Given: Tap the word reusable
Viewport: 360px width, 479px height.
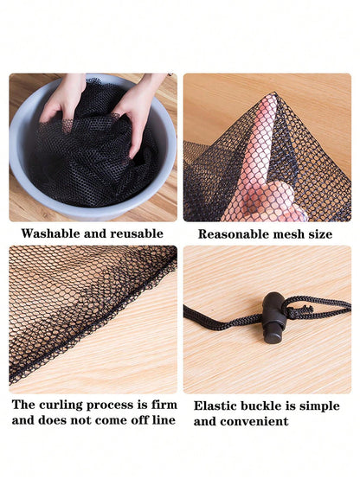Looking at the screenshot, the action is point(137,233).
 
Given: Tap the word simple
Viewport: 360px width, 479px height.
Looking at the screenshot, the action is point(319,406).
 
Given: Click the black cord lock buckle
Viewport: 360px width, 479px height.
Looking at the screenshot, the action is point(273,317).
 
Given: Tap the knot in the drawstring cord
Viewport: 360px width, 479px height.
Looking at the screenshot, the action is point(299,312).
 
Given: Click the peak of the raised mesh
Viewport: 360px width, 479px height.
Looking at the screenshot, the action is point(274,93).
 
